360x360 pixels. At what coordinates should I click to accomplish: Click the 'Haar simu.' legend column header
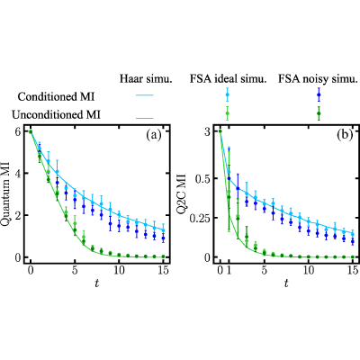pos(146,79)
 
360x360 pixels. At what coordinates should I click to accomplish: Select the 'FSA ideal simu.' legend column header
pos(229,79)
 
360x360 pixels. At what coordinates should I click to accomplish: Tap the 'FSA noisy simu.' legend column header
pos(319,79)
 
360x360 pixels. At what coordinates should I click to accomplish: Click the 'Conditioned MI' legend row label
pos(56,96)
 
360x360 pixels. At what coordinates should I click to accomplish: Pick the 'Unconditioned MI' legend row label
pos(56,114)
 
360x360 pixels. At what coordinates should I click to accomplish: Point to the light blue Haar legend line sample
pos(145,95)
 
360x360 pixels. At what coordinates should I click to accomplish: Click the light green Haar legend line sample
pos(145,118)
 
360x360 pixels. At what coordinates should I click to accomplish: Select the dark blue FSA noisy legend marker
pos(319,94)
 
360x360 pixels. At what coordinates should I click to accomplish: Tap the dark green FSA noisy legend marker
pos(319,113)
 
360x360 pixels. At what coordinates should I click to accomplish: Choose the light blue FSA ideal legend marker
pos(227,94)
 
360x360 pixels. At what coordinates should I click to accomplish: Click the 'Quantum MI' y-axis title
pos(5,194)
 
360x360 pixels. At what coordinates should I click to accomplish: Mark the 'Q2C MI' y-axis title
pos(182,194)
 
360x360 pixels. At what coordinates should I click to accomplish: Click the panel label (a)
pos(154,136)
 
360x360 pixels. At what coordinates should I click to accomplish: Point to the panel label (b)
pos(345,136)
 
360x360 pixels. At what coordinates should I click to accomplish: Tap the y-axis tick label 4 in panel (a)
pos(18,174)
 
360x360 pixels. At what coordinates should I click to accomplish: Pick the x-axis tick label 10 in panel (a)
pos(119,270)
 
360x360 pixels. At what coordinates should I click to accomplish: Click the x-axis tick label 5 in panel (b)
pos(264,270)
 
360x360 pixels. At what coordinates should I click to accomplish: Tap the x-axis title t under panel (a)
pos(96,283)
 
